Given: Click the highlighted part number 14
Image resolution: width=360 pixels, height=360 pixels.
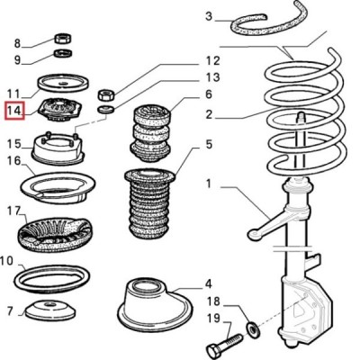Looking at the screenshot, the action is pos(14,111).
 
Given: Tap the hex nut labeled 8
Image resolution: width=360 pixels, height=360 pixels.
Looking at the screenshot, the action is pos(63,38).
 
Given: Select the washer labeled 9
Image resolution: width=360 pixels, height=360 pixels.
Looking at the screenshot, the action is pos(63,53).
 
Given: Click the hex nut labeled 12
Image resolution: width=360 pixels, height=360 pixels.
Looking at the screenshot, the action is pos(106,95).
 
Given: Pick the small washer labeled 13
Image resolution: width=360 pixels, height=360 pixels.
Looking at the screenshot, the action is pos(106,109).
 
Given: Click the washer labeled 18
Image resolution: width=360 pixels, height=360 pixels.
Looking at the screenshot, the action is pos(253,329).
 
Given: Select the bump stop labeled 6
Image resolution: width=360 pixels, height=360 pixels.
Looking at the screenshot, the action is pos(151,133).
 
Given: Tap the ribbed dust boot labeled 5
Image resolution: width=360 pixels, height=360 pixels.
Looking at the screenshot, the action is pos(149,204).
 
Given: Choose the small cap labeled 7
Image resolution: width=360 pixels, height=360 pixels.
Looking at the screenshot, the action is pos(49,310).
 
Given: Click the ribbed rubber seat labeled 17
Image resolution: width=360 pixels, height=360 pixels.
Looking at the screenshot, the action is pos(54,235).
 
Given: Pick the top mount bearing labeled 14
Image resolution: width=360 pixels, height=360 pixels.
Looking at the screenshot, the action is pos(61,110).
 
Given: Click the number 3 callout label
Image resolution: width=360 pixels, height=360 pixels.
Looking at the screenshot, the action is pos(209,16).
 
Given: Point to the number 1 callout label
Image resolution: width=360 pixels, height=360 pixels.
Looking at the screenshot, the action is pos(209,183).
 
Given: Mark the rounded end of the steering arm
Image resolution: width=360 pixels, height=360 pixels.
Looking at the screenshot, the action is pos(254,234).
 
